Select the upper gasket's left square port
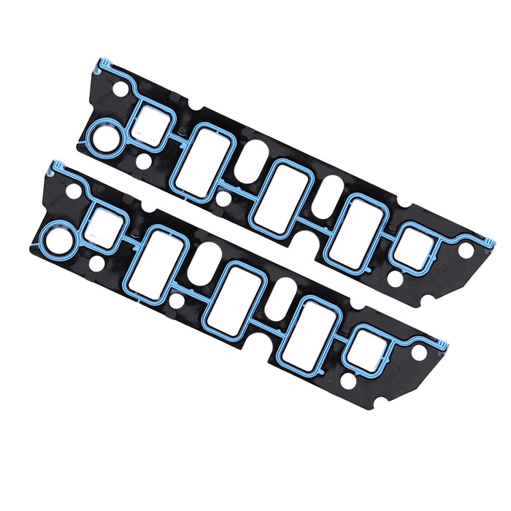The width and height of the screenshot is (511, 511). click(152, 121)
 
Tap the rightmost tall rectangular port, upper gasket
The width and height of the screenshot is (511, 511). click(353, 231)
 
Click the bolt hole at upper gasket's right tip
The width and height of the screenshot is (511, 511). click(465, 250)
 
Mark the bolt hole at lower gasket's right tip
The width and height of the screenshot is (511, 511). click(418, 353)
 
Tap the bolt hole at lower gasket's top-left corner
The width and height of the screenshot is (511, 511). click(74, 191)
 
